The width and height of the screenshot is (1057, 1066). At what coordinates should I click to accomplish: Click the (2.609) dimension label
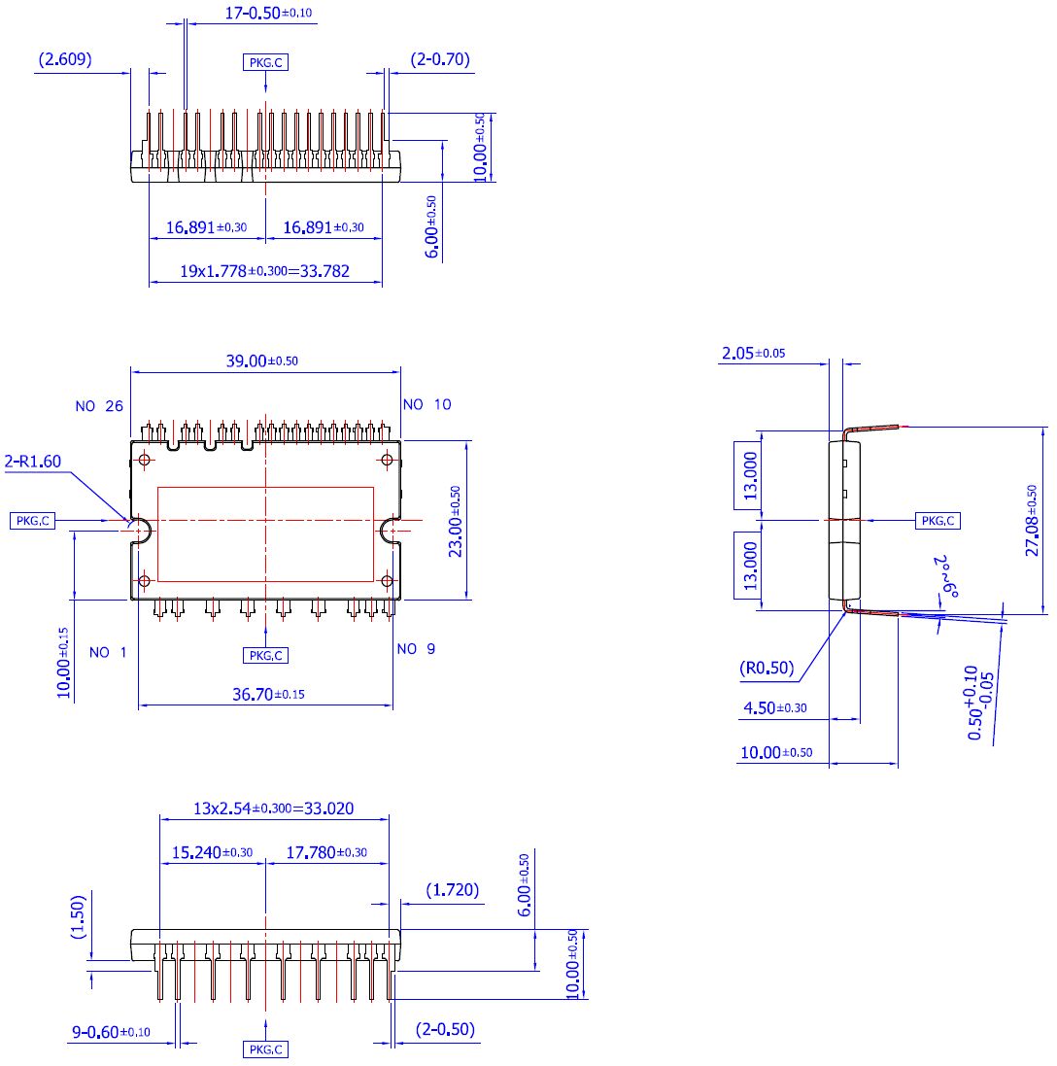(x=65, y=59)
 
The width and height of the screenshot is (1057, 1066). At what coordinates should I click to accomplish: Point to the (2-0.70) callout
(x=440, y=59)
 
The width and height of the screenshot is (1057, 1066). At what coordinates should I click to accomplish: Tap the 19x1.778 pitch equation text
(x=264, y=272)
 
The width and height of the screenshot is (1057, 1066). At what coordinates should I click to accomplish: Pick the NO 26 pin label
(x=99, y=405)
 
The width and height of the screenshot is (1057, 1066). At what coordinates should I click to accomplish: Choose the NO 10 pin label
(x=426, y=404)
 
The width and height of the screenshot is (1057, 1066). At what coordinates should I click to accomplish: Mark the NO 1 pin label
(x=108, y=653)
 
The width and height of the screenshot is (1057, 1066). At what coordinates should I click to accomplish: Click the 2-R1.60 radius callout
(x=33, y=462)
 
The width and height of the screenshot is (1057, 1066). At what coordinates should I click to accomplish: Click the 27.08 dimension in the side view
(x=1033, y=520)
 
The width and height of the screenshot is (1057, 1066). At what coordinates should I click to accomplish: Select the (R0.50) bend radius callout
(x=766, y=668)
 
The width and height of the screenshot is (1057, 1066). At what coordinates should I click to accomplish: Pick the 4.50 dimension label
(x=774, y=708)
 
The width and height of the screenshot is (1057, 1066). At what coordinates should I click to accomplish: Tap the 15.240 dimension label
(x=212, y=852)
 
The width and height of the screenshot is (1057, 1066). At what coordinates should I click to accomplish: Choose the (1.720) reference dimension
(x=453, y=890)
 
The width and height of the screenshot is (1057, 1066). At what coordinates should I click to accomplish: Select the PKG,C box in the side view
(x=938, y=521)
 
